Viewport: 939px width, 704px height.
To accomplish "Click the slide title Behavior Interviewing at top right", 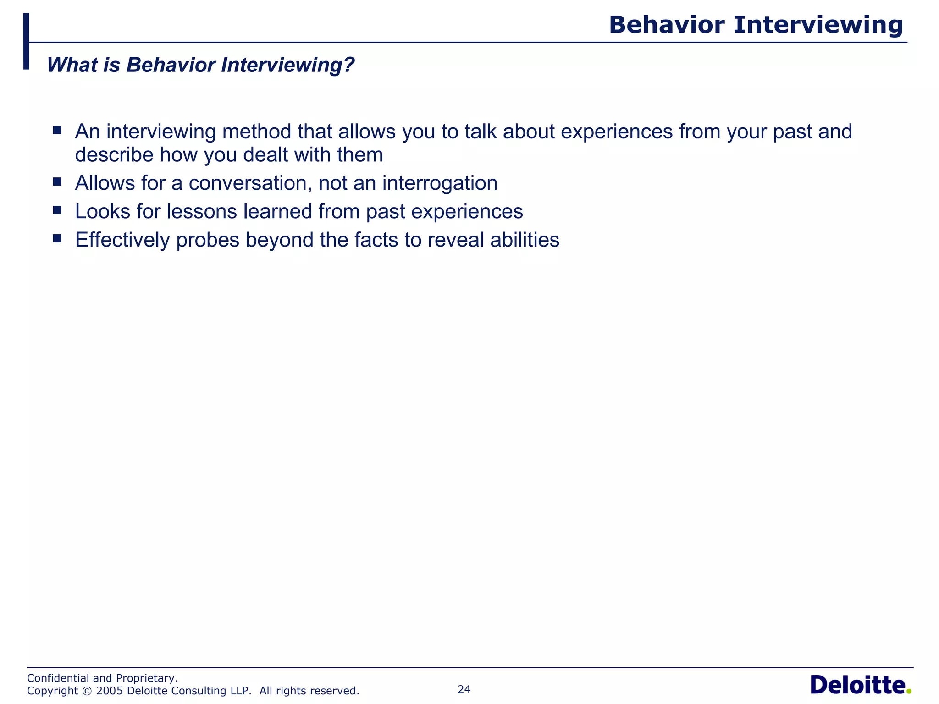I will tap(756, 25).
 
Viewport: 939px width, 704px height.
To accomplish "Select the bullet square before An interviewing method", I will tap(57, 130).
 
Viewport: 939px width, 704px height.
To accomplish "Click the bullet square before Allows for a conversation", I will tap(57, 181).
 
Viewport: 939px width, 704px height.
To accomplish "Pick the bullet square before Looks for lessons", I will tap(57, 210).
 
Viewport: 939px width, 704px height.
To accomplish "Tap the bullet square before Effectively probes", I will tap(57, 238).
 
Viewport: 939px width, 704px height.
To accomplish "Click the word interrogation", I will tap(440, 183).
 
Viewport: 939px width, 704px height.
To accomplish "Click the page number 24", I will tap(464, 689).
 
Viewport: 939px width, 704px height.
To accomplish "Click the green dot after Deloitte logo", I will tap(909, 692).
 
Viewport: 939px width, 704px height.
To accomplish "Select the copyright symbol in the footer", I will tap(87, 691).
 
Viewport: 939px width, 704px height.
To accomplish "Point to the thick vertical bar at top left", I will tap(26, 41).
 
